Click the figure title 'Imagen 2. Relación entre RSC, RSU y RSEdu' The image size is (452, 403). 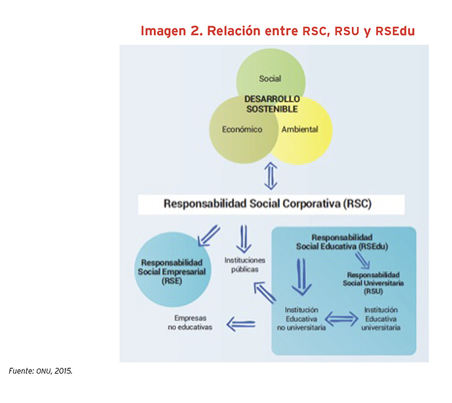pyautogui.click(x=278, y=31)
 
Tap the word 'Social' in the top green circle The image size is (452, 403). pyautogui.click(x=270, y=79)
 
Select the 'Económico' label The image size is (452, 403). pyautogui.click(x=242, y=130)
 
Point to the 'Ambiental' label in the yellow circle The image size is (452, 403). pyautogui.click(x=300, y=130)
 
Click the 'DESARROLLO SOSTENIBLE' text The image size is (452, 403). pyautogui.click(x=272, y=104)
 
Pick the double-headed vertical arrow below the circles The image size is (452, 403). pyautogui.click(x=271, y=176)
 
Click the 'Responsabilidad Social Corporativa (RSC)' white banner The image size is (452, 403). pyautogui.click(x=271, y=205)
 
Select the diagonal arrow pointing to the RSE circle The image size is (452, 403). pyautogui.click(x=208, y=236)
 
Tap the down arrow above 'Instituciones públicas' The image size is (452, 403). pyautogui.click(x=244, y=239)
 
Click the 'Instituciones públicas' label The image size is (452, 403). pyautogui.click(x=245, y=264)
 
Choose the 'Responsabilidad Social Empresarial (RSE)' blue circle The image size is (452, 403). pyautogui.click(x=173, y=270)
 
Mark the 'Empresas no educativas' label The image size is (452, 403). pyautogui.click(x=190, y=323)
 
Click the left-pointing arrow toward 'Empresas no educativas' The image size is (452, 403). pyautogui.click(x=241, y=324)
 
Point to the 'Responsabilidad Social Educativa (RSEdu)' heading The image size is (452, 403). pyautogui.click(x=342, y=242)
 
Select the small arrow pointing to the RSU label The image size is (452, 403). pyautogui.click(x=362, y=260)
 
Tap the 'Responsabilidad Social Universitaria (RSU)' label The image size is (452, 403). pyautogui.click(x=373, y=283)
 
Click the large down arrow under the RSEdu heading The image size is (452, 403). pyautogui.click(x=301, y=277)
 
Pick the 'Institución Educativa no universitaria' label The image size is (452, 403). pyautogui.click(x=301, y=319)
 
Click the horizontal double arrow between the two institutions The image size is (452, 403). pyautogui.click(x=341, y=319)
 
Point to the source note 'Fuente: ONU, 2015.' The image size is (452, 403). pyautogui.click(x=41, y=371)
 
